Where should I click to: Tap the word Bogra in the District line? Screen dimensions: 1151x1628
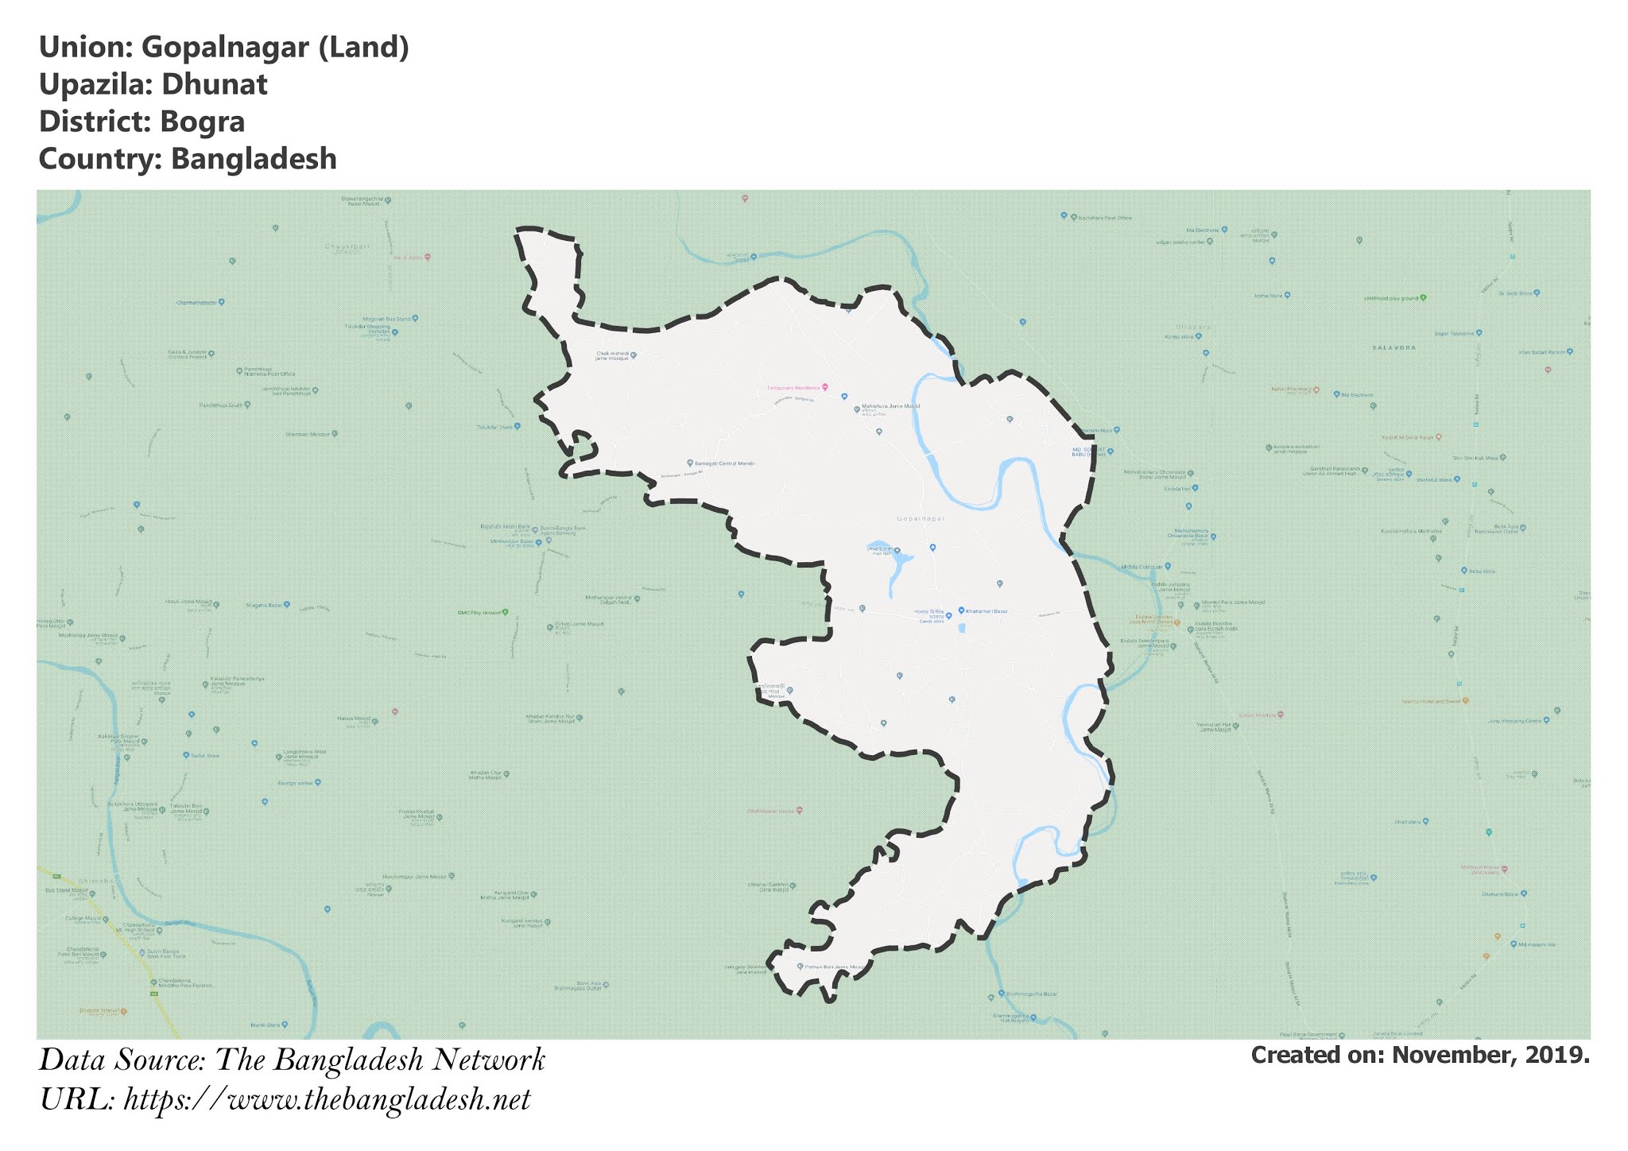click(202, 122)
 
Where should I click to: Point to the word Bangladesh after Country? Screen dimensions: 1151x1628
click(254, 159)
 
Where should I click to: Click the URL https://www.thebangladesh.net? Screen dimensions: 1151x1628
click(327, 1100)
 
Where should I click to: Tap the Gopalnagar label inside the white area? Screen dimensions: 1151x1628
click(921, 518)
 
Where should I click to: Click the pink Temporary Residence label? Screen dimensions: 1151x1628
click(793, 387)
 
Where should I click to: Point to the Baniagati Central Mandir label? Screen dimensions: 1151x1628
click(724, 463)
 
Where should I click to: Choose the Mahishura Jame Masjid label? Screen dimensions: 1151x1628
click(890, 406)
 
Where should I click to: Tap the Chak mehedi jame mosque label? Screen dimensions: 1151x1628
click(612, 355)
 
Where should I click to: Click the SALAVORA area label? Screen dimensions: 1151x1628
click(1393, 347)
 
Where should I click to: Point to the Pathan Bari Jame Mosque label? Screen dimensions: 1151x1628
click(833, 967)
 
